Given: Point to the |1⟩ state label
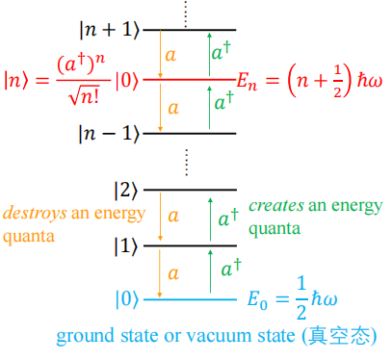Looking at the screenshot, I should click(x=126, y=246).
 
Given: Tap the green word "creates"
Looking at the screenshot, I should click(x=277, y=206).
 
